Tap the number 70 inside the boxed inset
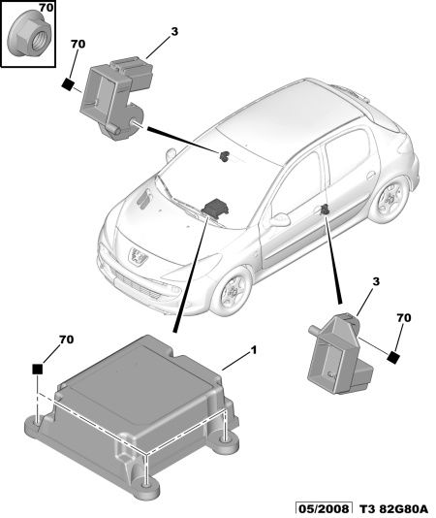(46, 8)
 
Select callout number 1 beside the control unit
(253, 350)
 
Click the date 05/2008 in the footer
(323, 508)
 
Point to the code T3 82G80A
(392, 508)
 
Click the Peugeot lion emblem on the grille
(138, 255)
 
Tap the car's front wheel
(232, 291)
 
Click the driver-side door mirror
(279, 219)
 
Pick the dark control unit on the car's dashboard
(216, 208)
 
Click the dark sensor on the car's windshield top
(225, 155)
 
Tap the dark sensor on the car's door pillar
(325, 209)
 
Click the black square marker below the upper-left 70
(69, 84)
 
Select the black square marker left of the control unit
(38, 369)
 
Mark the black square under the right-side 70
(393, 357)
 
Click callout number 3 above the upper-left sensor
(174, 31)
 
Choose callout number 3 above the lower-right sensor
(376, 281)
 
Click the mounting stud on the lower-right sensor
(315, 331)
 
